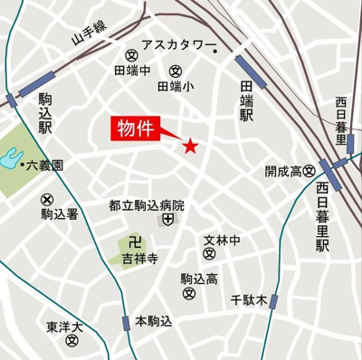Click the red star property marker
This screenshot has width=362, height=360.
click(190, 146)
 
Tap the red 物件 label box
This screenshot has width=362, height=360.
click(135, 128)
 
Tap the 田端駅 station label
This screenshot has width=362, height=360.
click(246, 100)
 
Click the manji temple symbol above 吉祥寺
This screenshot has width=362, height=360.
click(135, 242)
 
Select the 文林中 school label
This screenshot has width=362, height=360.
click(222, 241)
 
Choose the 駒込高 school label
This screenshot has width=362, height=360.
click(198, 279)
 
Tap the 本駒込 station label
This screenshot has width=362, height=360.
click(153, 321)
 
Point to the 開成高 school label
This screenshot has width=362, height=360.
click(282, 170)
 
